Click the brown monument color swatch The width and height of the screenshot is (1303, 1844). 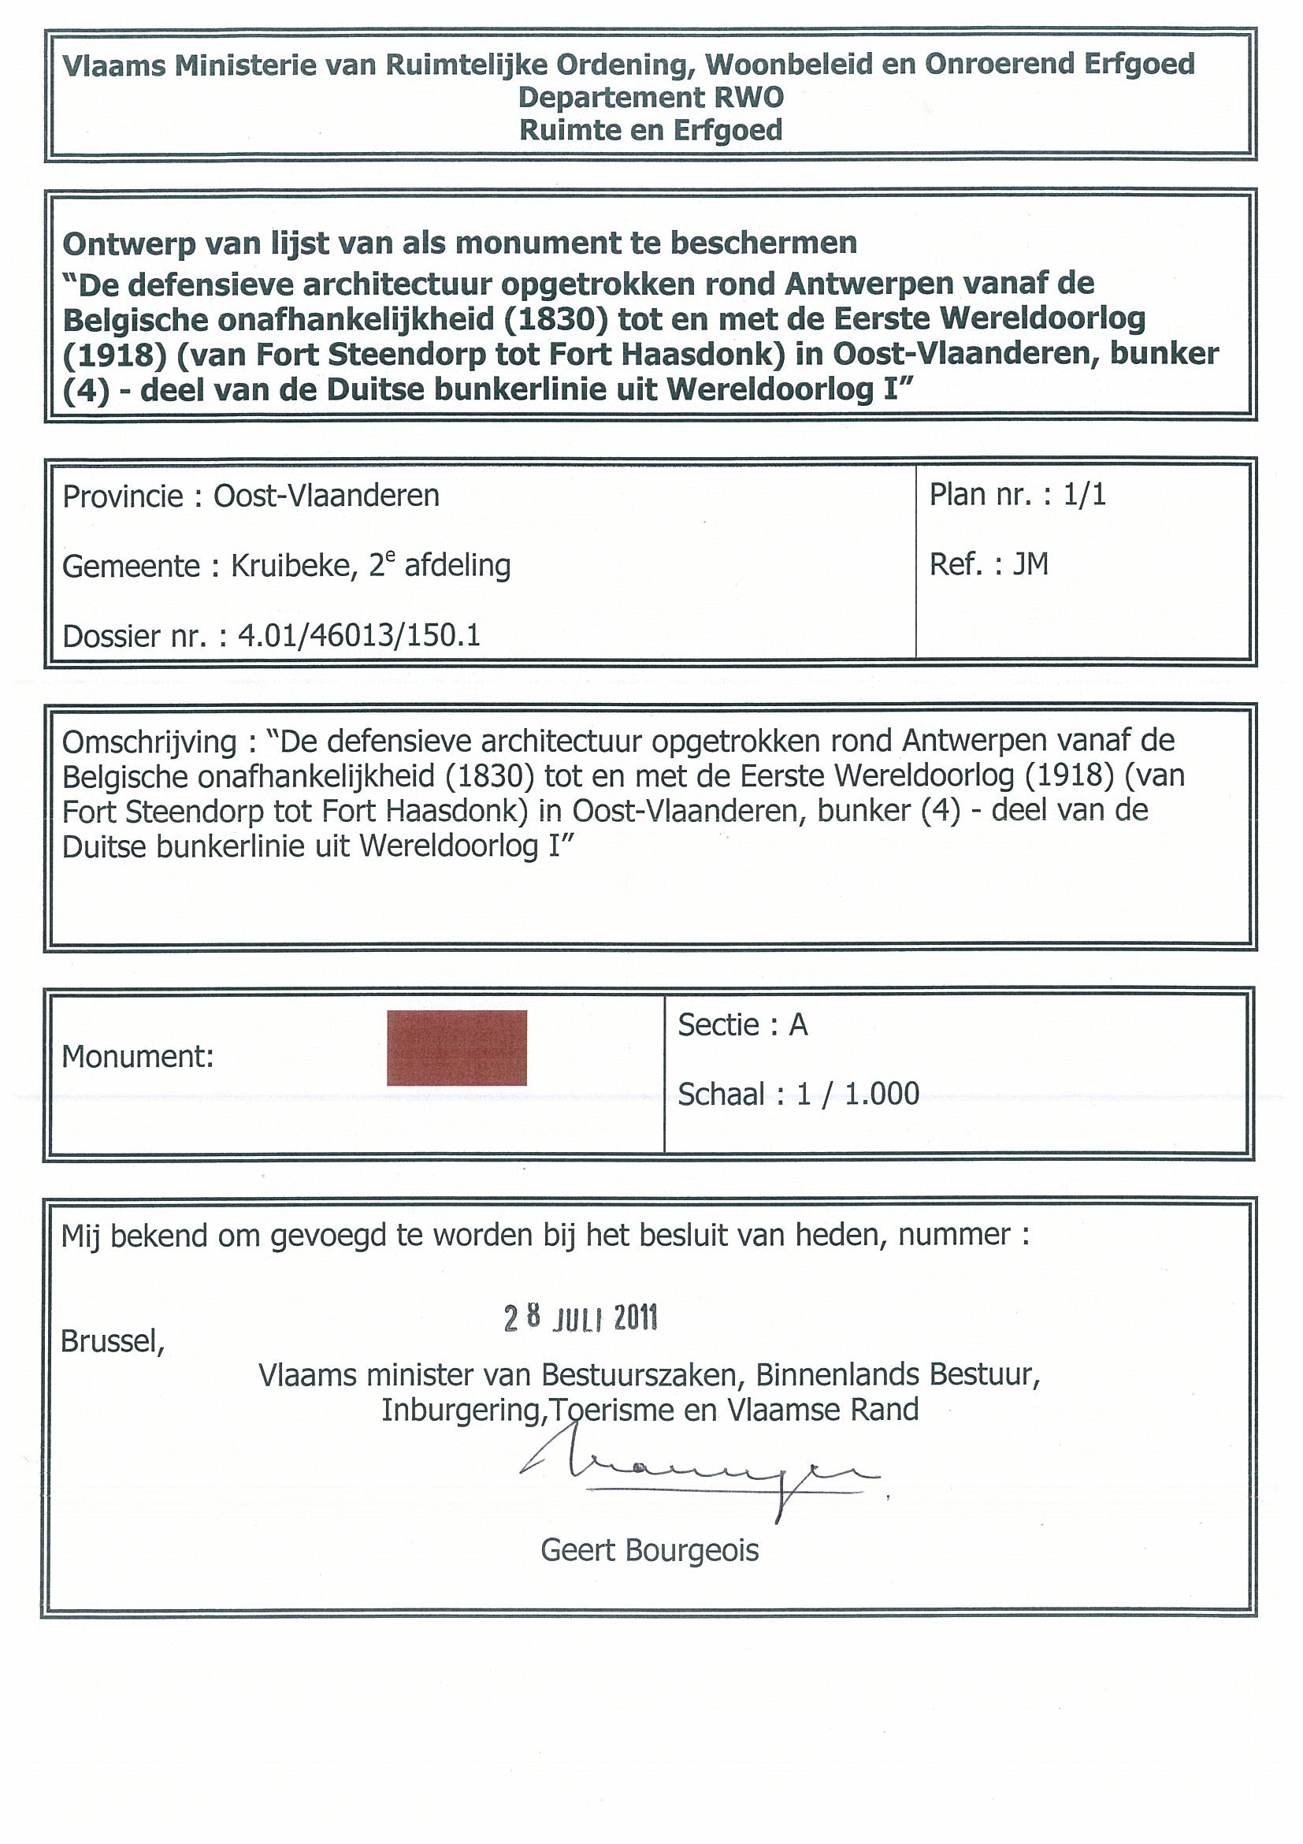(x=456, y=1047)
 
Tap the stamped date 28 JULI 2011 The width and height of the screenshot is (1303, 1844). (x=581, y=1318)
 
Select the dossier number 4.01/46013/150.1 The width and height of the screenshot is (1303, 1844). (x=359, y=635)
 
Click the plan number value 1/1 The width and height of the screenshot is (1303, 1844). (x=1085, y=494)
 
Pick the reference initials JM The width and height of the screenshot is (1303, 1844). (x=1030, y=563)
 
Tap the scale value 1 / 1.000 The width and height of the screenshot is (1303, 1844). (x=857, y=1094)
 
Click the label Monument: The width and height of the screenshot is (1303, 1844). (x=137, y=1056)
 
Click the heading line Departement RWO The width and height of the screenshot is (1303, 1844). (x=650, y=97)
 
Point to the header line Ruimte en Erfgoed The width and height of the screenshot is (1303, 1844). (x=650, y=130)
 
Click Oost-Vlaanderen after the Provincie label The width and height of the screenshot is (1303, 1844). (x=326, y=496)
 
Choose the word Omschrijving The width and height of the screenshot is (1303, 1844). (x=149, y=742)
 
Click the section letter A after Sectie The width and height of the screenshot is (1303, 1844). (x=798, y=1024)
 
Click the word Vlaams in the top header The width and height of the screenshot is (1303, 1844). (x=114, y=65)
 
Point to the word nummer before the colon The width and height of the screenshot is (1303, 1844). (x=955, y=1234)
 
